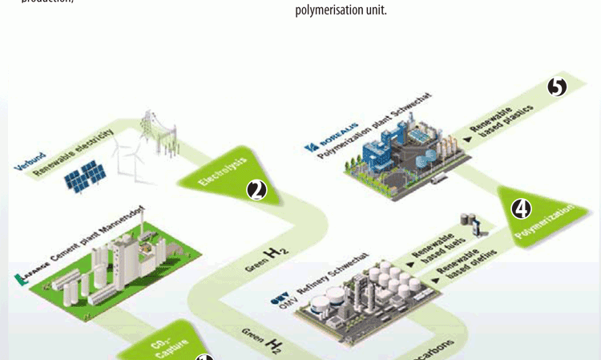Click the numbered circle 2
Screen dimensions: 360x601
click(256, 190)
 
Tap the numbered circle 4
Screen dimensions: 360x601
click(521, 209)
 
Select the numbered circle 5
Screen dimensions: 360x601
click(557, 87)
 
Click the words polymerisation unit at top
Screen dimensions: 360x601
click(341, 11)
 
